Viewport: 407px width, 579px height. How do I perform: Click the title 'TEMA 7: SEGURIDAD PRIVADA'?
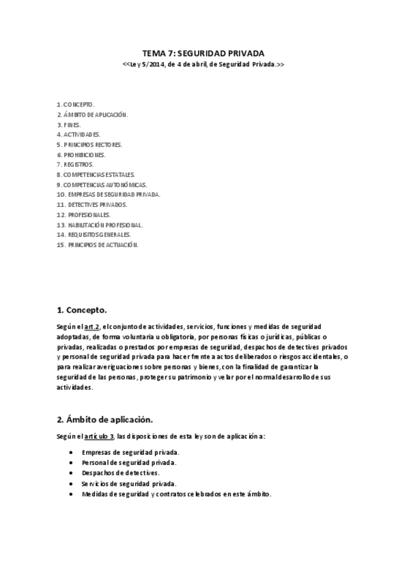click(x=203, y=53)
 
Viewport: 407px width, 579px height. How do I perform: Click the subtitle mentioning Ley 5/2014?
click(x=203, y=64)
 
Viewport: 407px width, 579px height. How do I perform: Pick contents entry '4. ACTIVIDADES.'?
click(x=79, y=135)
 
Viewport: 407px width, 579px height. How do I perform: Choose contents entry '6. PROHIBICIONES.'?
click(x=81, y=155)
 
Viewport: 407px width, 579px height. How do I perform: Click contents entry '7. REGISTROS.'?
click(x=75, y=165)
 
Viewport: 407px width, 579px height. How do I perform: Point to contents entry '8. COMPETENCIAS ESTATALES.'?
click(x=96, y=175)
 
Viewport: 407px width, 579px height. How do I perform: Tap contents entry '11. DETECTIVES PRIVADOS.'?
click(x=92, y=205)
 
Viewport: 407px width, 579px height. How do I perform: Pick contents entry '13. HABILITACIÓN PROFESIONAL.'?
click(x=99, y=225)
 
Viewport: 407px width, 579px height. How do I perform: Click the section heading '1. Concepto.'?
click(x=81, y=309)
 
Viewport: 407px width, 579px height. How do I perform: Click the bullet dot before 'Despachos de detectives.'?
click(x=72, y=472)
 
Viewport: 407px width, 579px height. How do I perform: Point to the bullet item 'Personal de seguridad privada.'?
click(x=128, y=462)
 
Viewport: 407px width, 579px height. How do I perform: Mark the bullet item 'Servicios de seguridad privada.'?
click(x=129, y=483)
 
